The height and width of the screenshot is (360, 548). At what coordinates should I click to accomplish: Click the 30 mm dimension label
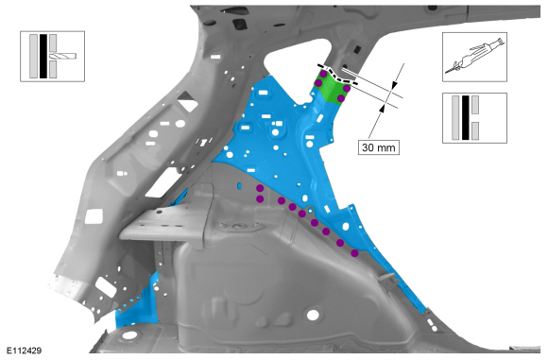pyautogui.click(x=379, y=147)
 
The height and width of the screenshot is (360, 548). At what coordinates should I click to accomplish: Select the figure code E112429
pyautogui.click(x=25, y=351)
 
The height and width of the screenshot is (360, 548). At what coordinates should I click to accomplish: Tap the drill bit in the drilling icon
pyautogui.click(x=63, y=56)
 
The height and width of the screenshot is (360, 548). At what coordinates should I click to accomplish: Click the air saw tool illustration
pyautogui.click(x=474, y=57)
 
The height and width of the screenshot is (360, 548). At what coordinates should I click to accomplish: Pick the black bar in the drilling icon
pyautogui.click(x=43, y=56)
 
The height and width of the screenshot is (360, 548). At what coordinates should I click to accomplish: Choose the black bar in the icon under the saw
pyautogui.click(x=465, y=118)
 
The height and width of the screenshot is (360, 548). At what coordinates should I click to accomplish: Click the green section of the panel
pyautogui.click(x=332, y=87)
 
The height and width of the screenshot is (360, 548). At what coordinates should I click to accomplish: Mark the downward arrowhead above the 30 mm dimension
pyautogui.click(x=394, y=86)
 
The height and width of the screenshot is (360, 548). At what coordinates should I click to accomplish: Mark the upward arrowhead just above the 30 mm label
pyautogui.click(x=382, y=108)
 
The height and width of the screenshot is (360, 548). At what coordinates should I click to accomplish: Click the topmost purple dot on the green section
pyautogui.click(x=324, y=74)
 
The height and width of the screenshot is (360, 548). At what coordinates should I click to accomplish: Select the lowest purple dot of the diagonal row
pyautogui.click(x=354, y=253)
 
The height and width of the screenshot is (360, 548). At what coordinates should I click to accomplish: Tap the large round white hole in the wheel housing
pyautogui.click(x=313, y=315)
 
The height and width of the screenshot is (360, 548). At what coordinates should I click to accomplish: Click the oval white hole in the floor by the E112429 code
pyautogui.click(x=129, y=335)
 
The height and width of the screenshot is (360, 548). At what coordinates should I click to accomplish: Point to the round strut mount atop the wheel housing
pyautogui.click(x=240, y=226)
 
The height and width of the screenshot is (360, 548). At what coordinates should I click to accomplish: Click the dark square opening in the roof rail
pyautogui.click(x=239, y=24)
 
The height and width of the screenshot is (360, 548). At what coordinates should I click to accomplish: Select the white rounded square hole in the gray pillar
pyautogui.click(x=94, y=216)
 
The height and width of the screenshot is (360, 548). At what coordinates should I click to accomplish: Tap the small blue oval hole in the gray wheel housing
pyautogui.click(x=239, y=185)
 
